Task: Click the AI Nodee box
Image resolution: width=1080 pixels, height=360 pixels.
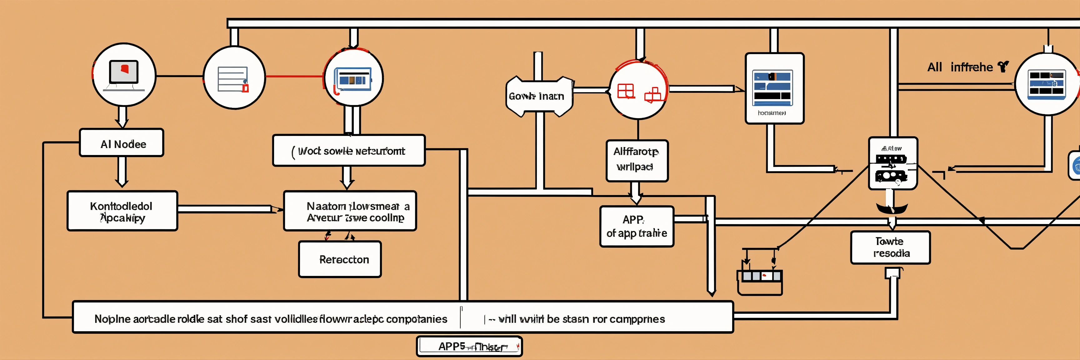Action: click(122, 143)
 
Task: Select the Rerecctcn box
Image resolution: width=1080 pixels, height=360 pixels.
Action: click(340, 259)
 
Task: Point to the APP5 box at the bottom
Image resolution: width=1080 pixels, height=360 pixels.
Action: click(469, 346)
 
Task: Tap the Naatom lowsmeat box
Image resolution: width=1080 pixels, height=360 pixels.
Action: click(350, 211)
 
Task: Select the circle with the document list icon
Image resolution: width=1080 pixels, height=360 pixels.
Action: click(234, 77)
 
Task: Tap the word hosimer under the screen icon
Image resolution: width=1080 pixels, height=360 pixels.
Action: click(772, 113)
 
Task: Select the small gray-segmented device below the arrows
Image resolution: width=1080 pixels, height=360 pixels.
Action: click(760, 277)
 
